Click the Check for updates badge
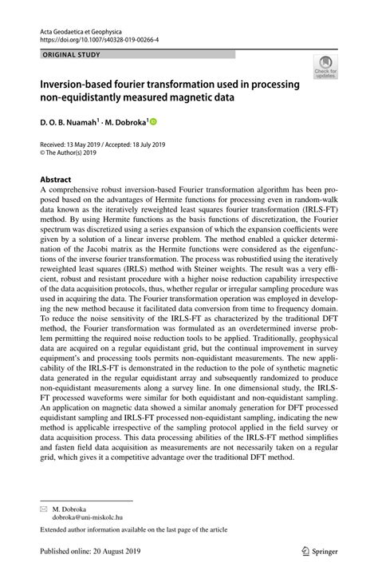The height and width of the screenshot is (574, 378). point(325,68)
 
